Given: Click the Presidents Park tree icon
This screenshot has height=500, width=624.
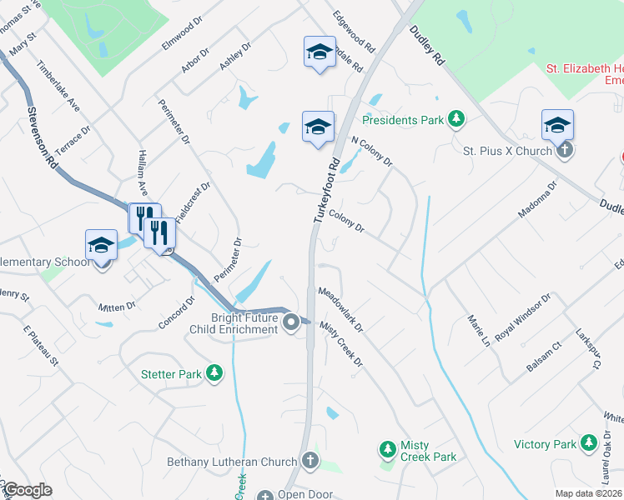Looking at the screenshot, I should click(x=455, y=120).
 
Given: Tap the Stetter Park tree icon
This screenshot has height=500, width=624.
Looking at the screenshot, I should click(x=215, y=374).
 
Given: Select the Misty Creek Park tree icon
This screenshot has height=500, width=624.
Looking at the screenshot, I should click(x=387, y=450).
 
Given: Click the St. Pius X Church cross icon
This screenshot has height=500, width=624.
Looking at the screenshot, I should click(x=565, y=151).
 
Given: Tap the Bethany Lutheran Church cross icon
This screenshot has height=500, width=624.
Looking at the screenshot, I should click(x=309, y=461).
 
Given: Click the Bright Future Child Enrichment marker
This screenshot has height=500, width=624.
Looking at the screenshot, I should click(x=291, y=322).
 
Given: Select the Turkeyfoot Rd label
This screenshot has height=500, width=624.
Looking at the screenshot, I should click(x=328, y=189).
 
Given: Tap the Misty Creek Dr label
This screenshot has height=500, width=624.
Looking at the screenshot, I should click(x=341, y=344).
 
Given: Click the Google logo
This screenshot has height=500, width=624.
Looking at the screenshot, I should click(x=28, y=490).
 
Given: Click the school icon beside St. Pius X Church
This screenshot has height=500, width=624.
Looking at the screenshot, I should click(x=557, y=126).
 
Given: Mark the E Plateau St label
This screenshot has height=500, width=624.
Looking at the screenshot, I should click(x=41, y=347).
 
